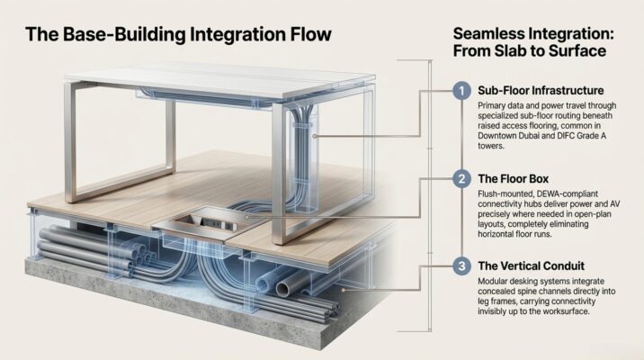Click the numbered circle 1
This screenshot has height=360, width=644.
pyautogui.click(x=461, y=91)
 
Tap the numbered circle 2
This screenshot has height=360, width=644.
pyautogui.click(x=461, y=179)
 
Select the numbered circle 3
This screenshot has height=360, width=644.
pyautogui.click(x=461, y=265)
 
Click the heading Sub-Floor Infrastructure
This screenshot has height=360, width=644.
pyautogui.click(x=541, y=90)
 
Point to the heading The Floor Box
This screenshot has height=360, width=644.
pyautogui.click(x=513, y=179)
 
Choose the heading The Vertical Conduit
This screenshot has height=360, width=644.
pyautogui.click(x=531, y=265)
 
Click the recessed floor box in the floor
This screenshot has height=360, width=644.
pyautogui.click(x=205, y=223)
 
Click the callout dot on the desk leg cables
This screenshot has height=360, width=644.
pyautogui.click(x=314, y=136)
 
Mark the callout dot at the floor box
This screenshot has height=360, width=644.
pyautogui.click(x=246, y=217)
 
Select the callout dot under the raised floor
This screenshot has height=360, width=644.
pyautogui.click(x=344, y=290)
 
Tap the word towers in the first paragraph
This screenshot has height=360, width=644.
pyautogui.click(x=490, y=146)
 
